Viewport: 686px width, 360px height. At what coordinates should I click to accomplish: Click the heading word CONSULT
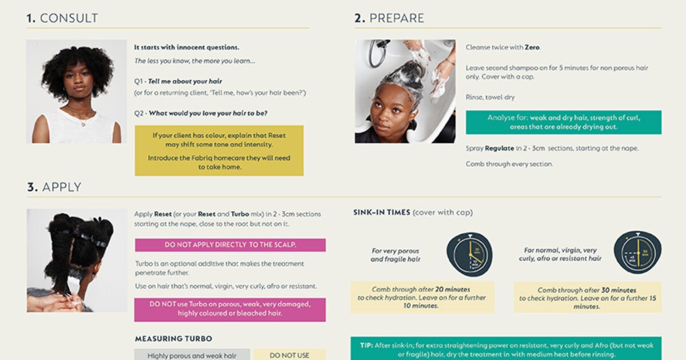coord(69,18)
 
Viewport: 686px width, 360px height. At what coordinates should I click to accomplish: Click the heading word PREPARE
coord(397,18)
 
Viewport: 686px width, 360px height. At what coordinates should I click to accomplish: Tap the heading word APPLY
coord(62,187)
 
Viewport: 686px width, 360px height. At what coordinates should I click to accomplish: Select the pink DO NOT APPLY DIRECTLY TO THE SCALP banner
coord(230,245)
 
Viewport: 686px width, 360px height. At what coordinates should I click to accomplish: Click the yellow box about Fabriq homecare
coord(220,151)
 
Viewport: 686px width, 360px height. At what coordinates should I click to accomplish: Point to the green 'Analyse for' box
coord(563,122)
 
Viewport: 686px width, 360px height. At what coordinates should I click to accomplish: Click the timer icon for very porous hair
coord(469,254)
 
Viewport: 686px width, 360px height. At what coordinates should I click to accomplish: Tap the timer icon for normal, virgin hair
coord(637,253)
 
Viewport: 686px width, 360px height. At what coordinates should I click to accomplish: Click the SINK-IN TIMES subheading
coord(381,213)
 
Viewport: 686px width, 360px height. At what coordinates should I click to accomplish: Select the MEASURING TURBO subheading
coord(173,339)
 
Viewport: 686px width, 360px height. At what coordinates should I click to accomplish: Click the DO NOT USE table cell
coord(289,355)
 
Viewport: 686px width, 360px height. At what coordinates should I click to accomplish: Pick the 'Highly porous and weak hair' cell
coord(192,355)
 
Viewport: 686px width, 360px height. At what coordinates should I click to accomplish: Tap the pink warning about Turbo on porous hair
coord(230,309)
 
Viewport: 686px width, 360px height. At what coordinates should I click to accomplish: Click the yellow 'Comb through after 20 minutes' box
coord(422,298)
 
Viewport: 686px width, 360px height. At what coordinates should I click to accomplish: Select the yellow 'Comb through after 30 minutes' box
coord(587,298)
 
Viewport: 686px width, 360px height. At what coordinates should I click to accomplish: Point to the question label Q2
coord(139,113)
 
